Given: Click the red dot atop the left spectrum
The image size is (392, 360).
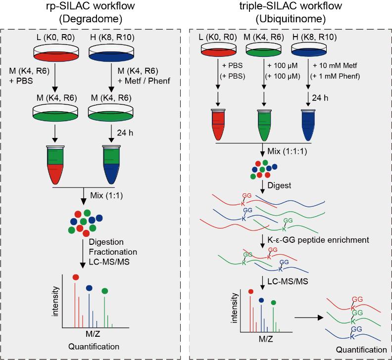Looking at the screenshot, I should (x=75, y=278).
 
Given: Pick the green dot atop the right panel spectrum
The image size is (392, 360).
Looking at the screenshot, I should (x=273, y=302).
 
